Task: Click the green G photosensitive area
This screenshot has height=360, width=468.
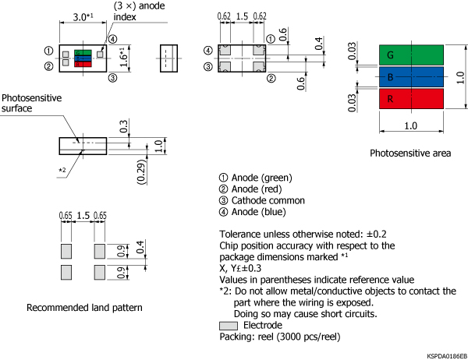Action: [412, 55]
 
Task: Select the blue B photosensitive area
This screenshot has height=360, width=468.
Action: [412, 77]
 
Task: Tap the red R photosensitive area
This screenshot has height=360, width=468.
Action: [412, 99]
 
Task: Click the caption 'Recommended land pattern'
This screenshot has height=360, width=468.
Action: [84, 308]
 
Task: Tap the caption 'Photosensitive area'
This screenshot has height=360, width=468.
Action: [410, 154]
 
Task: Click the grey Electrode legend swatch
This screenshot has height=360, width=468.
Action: [229, 325]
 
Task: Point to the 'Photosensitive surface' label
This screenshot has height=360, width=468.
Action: [30, 104]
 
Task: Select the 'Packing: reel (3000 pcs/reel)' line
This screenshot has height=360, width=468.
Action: [282, 337]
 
